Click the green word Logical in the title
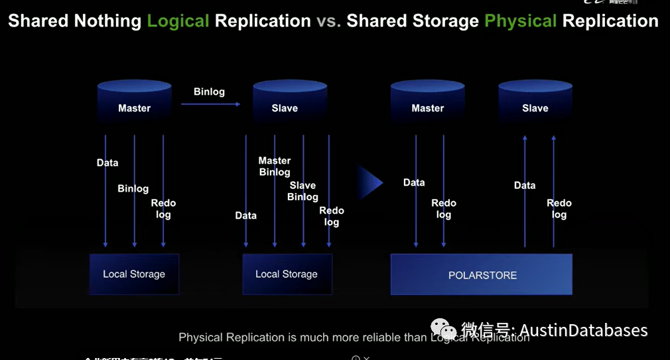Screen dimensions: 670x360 pos(178,21)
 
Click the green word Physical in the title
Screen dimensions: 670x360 pos(520,21)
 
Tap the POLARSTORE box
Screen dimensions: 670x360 pos(482,274)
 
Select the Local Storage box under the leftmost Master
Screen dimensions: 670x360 pos(134,274)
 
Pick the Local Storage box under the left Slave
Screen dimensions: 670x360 pos(287,274)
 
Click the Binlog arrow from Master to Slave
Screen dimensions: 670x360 pos(209,103)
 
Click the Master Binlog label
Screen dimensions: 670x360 pos(275,166)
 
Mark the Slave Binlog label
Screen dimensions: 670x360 pos(302,191)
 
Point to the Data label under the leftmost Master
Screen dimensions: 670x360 pos(107,162)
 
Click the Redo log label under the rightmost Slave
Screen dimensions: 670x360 pos(559,209)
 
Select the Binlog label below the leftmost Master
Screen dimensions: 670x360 pos(133,188)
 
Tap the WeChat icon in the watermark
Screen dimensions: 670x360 pos(443,329)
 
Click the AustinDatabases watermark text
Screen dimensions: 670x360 pos(583,330)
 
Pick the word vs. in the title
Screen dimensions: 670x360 pos(328,21)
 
